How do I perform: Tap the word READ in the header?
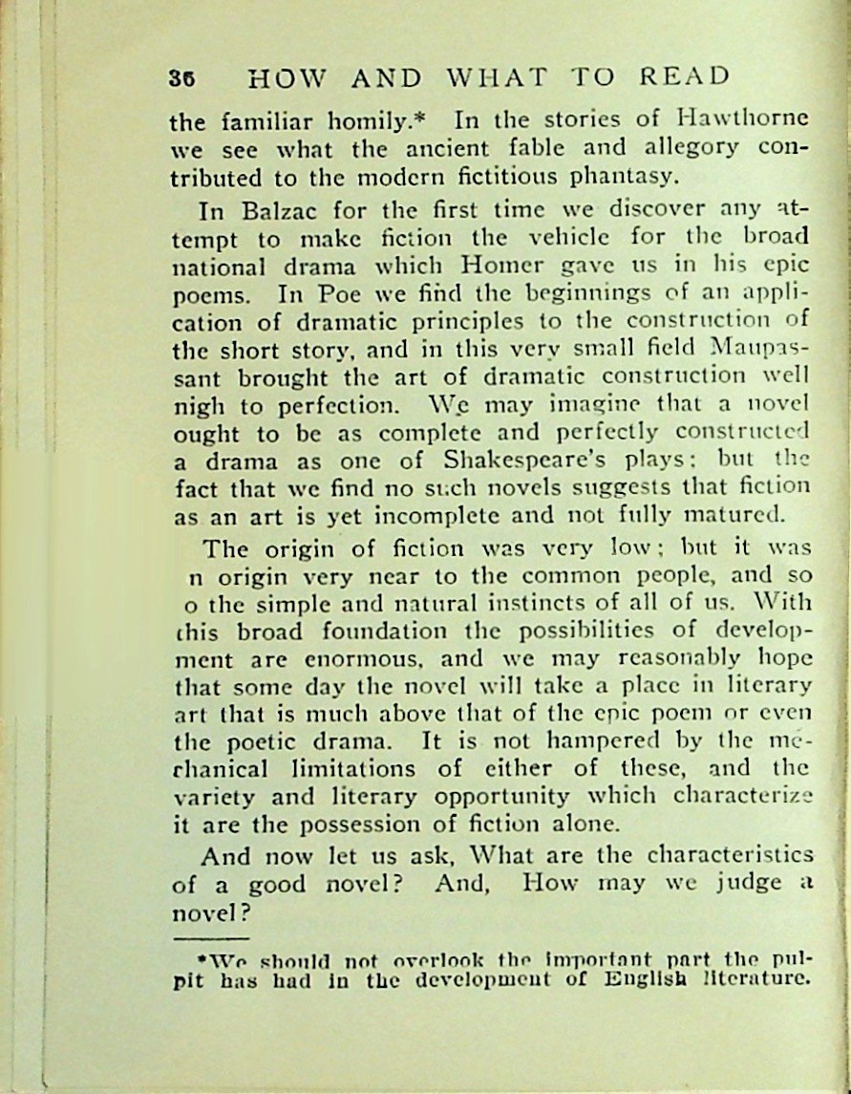[683, 76]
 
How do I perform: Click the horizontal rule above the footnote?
[212, 938]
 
